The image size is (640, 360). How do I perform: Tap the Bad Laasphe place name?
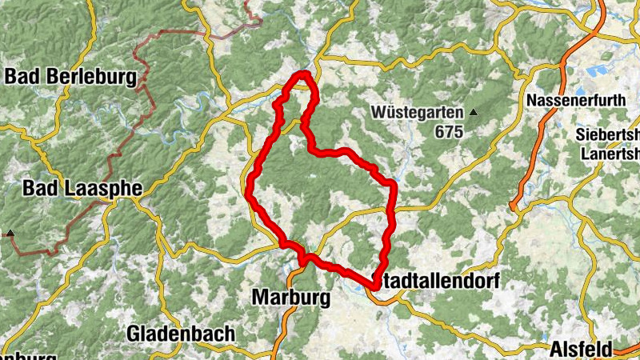(x=82, y=189)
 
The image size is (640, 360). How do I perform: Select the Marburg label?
(x=290, y=298)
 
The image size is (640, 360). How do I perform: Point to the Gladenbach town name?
(x=181, y=333)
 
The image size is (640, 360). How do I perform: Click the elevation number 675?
(x=449, y=132)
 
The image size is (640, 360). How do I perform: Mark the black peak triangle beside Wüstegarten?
(x=474, y=113)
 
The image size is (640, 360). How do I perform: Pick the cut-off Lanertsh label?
(x=607, y=154)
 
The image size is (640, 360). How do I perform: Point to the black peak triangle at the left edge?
(x=11, y=234)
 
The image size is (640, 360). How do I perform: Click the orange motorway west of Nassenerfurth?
(x=552, y=112)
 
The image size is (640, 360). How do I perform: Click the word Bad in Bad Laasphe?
(x=39, y=189)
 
